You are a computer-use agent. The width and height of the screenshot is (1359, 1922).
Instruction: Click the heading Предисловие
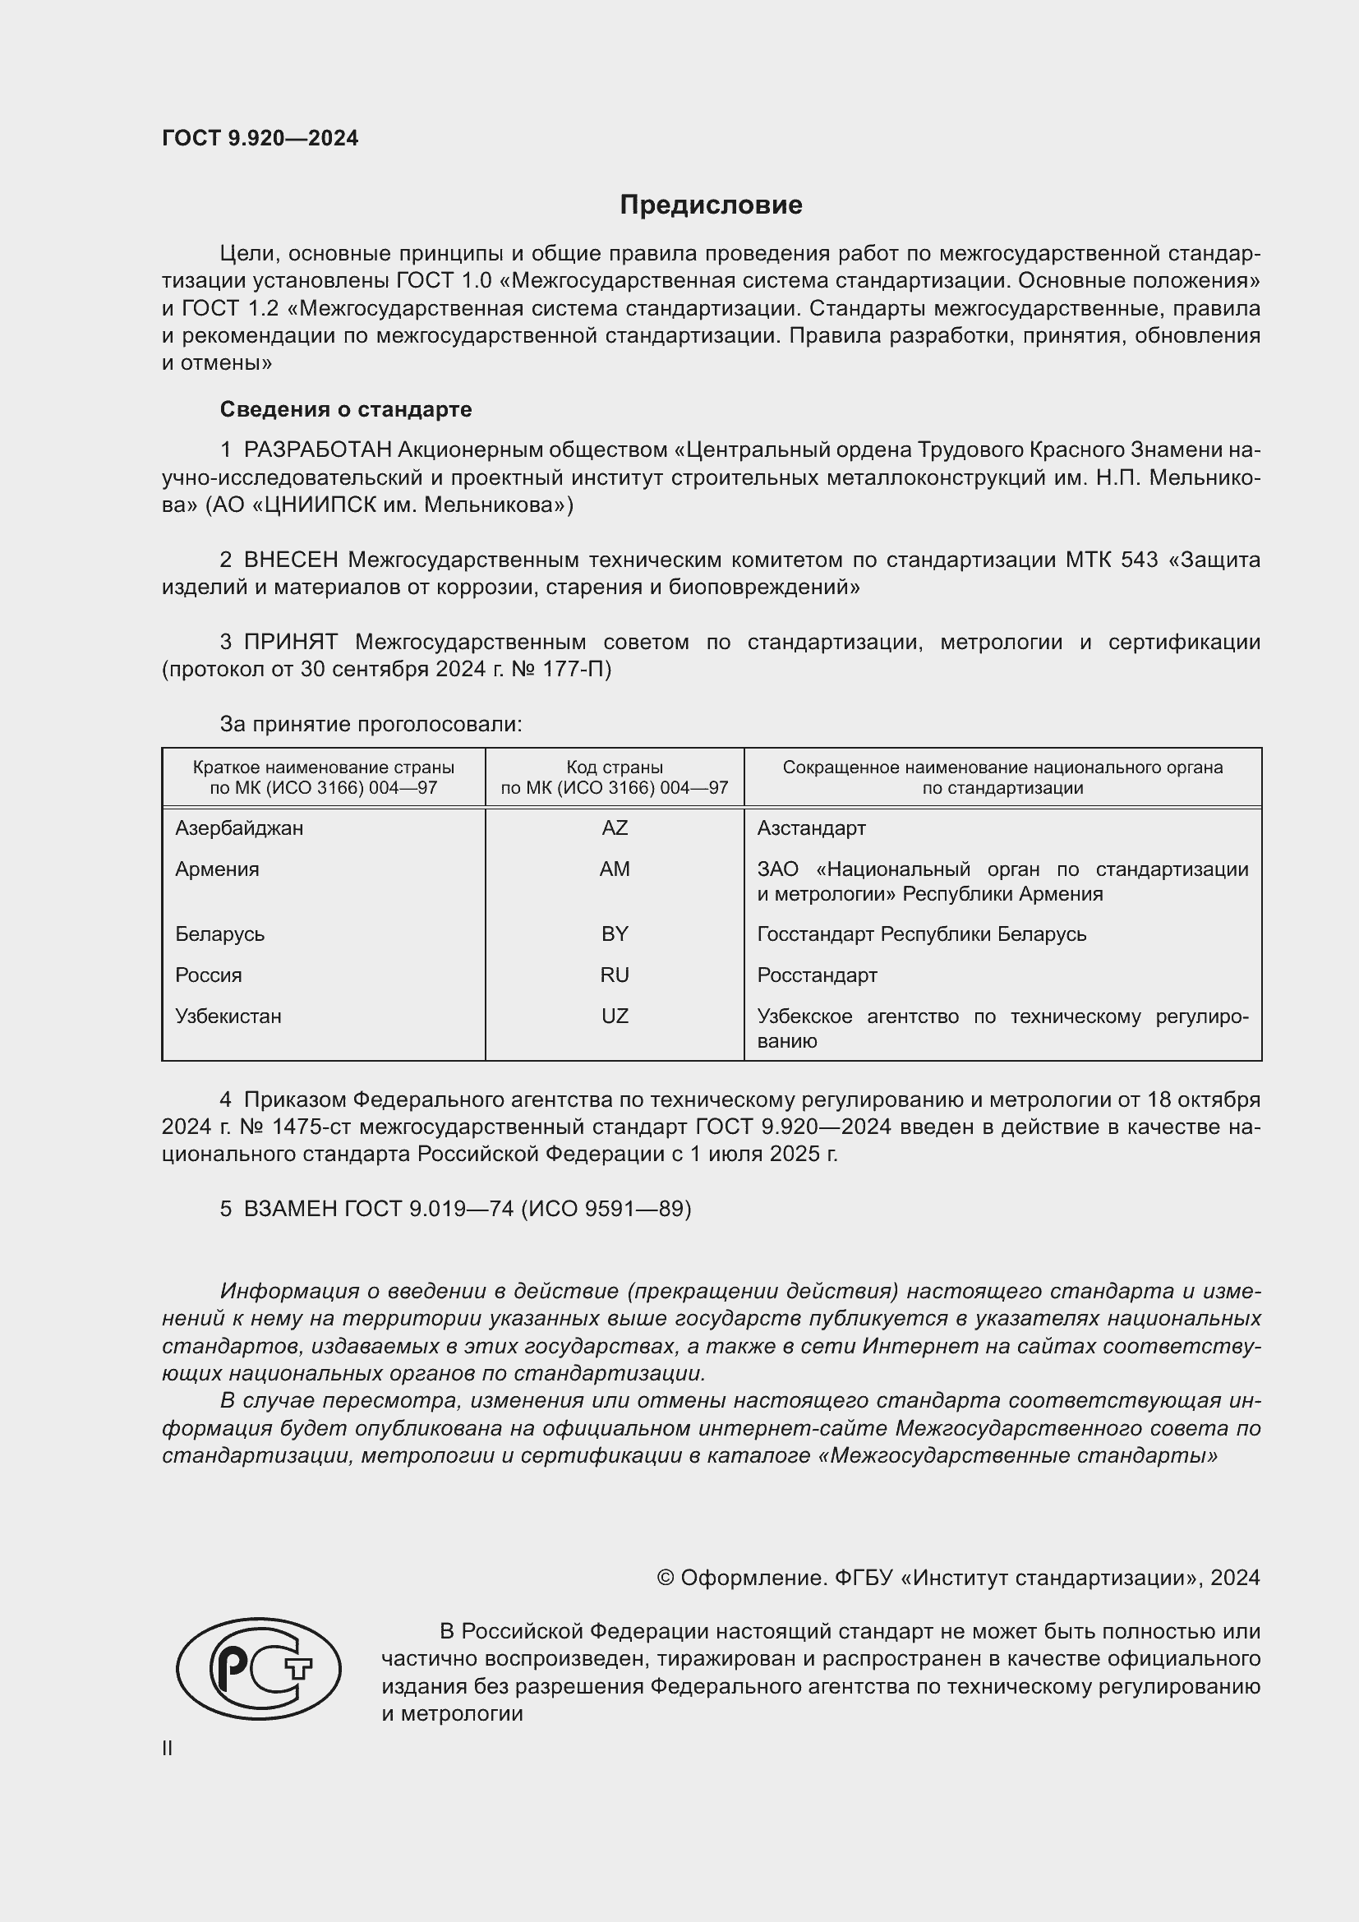tap(711, 205)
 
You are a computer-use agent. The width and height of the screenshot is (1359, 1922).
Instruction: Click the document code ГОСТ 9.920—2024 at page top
tap(260, 138)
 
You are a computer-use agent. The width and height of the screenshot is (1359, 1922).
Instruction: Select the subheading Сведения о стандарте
tap(346, 409)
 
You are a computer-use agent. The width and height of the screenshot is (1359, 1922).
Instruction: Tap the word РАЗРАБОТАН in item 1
tap(317, 450)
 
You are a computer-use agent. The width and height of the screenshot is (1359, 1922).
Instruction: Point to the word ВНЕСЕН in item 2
tap(291, 560)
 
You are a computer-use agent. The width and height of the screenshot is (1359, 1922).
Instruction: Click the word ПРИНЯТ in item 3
tap(290, 642)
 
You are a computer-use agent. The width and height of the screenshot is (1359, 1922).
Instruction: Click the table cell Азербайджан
tap(239, 828)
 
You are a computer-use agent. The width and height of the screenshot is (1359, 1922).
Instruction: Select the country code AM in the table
tap(615, 869)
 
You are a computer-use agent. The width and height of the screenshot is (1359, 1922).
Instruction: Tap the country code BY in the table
tap(615, 933)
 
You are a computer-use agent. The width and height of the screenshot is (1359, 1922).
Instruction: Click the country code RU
tap(615, 975)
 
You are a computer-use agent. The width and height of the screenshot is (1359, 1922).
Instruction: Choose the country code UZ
tap(615, 1016)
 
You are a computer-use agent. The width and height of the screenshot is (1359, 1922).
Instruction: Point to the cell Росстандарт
tap(817, 975)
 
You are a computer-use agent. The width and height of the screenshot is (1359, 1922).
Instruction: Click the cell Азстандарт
tap(811, 828)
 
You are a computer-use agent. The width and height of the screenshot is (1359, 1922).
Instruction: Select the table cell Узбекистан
tap(228, 1016)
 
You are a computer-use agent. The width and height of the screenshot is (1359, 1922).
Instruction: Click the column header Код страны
tap(615, 767)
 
